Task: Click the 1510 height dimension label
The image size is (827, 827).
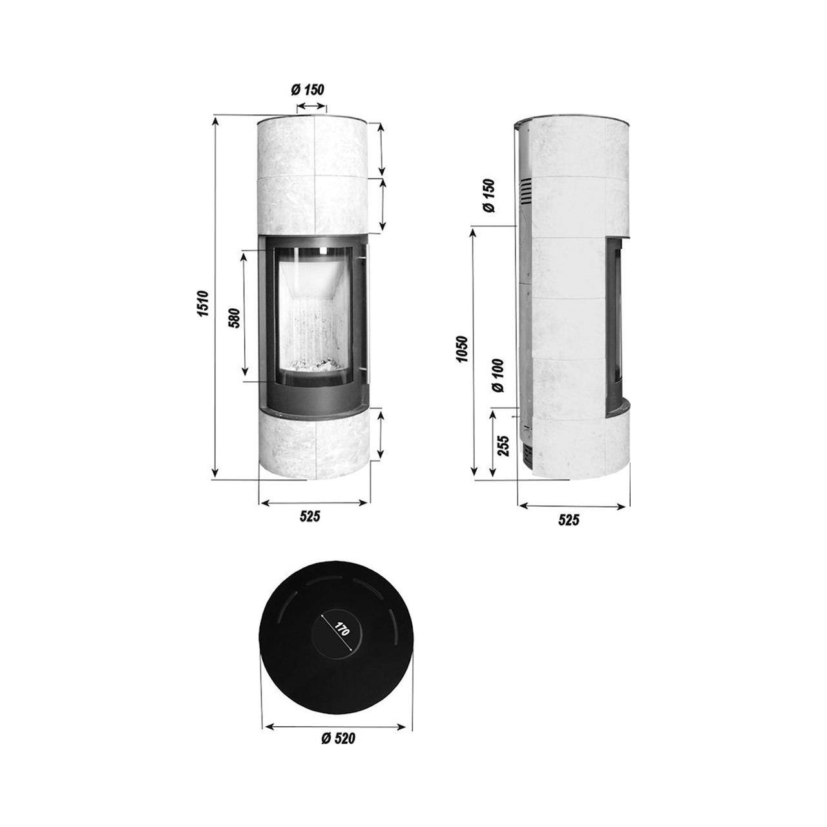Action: coord(203,304)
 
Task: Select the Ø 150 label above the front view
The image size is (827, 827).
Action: coord(308,90)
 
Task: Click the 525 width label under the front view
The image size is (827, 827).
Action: coord(310,516)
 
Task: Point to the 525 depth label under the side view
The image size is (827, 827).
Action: coord(569,520)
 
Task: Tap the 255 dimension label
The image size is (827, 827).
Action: coord(504,446)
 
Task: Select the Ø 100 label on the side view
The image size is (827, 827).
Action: coord(499,375)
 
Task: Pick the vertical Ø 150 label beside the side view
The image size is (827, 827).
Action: coord(489,195)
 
